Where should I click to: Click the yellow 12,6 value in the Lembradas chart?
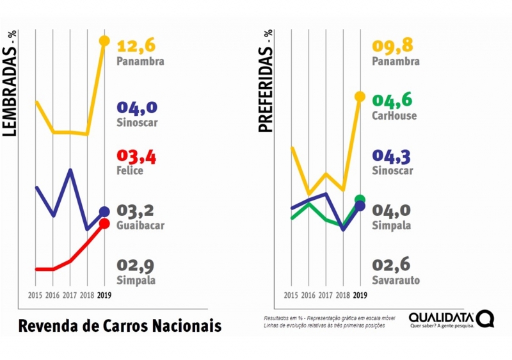tap(136, 46)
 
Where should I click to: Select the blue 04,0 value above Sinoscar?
tap(137, 107)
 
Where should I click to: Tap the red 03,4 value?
tap(136, 156)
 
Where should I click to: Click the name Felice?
tap(130, 171)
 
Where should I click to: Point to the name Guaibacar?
tap(141, 225)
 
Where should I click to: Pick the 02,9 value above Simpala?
tap(136, 265)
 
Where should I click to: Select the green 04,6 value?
tap(392, 101)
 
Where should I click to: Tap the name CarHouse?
tap(394, 116)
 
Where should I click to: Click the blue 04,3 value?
tap(392, 156)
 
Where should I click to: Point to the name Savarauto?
tap(396, 280)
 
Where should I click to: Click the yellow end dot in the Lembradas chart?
tap(104, 41)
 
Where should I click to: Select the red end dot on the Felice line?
tap(104, 224)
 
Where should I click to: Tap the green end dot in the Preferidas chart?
tap(360, 199)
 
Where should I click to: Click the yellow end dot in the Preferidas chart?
tap(360, 97)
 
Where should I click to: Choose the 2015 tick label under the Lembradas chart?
tap(35, 295)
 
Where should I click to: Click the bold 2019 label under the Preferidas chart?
tap(360, 295)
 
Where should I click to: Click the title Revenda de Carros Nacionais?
tap(120, 325)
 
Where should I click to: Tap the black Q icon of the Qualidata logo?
tap(485, 319)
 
